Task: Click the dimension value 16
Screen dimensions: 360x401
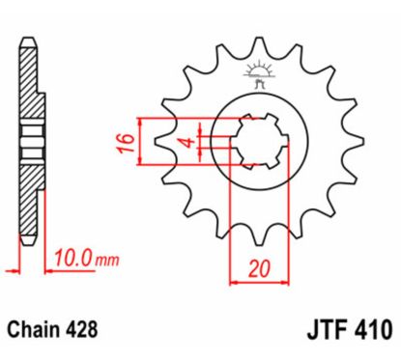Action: click(x=125, y=142)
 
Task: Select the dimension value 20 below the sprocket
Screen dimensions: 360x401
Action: click(x=257, y=268)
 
